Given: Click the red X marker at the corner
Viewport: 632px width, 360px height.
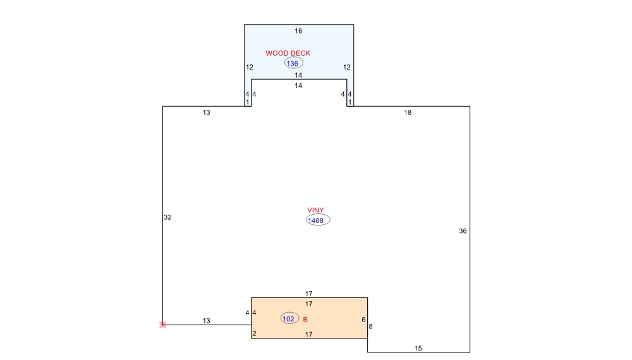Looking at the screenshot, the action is click(162, 325).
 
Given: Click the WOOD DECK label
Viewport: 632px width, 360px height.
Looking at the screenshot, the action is click(288, 53).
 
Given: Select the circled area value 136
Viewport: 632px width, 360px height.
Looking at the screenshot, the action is click(293, 63).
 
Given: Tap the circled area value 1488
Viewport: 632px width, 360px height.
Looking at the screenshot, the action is click(318, 220).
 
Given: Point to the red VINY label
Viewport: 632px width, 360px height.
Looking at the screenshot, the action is click(315, 210).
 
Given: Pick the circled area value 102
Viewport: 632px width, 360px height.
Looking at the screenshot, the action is click(289, 318).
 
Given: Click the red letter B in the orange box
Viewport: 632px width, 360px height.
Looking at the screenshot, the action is click(305, 320).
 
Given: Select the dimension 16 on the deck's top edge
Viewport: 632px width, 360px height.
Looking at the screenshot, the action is click(298, 31).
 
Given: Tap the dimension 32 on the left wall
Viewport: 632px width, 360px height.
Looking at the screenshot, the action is click(167, 217).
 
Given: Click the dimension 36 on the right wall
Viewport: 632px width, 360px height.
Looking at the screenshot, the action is click(463, 231).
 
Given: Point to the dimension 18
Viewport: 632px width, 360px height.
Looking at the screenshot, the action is click(408, 113).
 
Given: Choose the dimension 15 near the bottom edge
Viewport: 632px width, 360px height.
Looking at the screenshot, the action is click(418, 349).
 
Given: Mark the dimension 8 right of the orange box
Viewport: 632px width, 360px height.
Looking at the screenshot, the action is click(370, 327).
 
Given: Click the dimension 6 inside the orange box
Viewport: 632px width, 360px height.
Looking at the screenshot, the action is click(363, 320).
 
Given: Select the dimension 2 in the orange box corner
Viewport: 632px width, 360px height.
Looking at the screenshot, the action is click(254, 333).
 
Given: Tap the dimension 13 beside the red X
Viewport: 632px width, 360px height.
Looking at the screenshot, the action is click(206, 321).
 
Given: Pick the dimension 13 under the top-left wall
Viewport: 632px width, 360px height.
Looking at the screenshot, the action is click(206, 113).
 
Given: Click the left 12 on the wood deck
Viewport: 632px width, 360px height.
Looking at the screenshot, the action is click(250, 67).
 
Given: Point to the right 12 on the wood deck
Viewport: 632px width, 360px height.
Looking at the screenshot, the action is click(346, 67).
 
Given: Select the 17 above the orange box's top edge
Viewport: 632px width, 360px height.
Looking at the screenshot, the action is click(308, 294).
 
